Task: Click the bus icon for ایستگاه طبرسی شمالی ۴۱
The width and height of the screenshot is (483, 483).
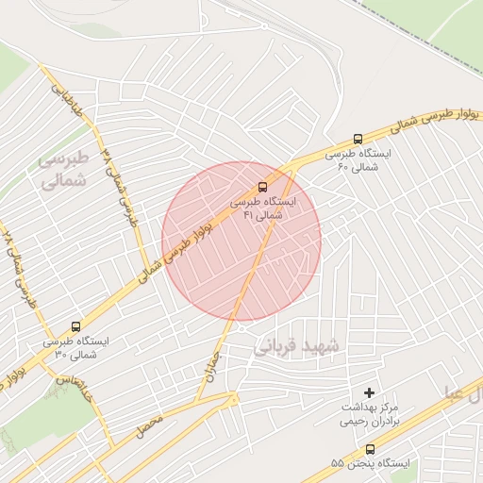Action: [x=263, y=186]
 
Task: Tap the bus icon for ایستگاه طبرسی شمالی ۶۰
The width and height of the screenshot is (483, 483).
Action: [x=358, y=138]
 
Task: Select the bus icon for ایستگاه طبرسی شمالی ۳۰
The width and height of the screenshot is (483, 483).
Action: [x=75, y=325]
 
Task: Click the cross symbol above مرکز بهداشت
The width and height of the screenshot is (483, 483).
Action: [x=369, y=391]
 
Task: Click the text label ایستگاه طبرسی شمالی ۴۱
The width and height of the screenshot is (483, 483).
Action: [x=263, y=208]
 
